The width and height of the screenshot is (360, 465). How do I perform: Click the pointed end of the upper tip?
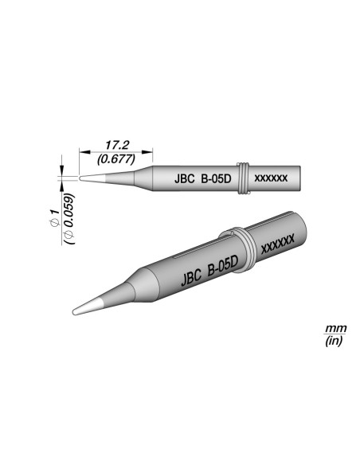83,177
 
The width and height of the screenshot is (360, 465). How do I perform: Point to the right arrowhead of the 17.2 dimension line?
152,151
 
